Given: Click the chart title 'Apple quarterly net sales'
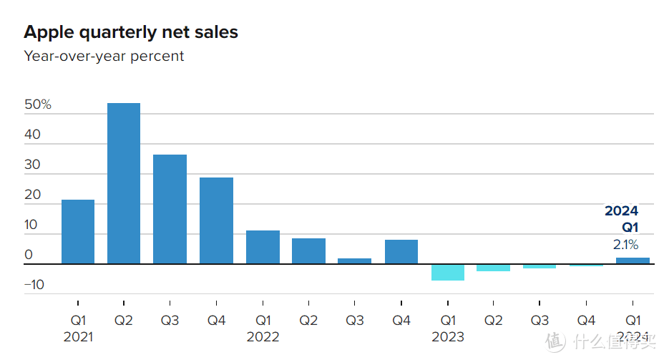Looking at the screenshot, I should [x=131, y=32].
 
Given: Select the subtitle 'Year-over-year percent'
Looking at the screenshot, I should [x=104, y=56].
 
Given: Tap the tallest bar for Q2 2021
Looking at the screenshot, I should [x=124, y=183].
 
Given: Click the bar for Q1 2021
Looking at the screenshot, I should [x=78, y=231].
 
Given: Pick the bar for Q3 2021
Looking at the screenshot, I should [x=170, y=209].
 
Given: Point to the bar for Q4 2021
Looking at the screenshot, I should [x=216, y=220].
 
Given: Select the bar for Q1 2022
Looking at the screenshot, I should [x=263, y=247].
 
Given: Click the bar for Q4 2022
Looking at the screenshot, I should [x=401, y=251].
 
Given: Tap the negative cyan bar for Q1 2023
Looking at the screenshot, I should [x=448, y=272].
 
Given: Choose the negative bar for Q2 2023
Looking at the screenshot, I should [x=494, y=268].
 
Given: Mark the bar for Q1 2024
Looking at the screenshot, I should [x=633, y=261].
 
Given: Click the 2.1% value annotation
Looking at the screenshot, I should [x=625, y=245].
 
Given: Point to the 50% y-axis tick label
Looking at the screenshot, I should [x=38, y=104].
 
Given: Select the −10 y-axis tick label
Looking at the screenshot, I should [x=34, y=285].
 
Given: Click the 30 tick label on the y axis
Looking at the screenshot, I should [x=32, y=165].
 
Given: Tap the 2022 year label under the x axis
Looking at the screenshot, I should [x=263, y=336].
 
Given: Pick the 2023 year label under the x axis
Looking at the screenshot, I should [x=448, y=336].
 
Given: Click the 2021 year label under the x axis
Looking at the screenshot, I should [x=78, y=336].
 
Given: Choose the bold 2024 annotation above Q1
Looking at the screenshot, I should [x=621, y=211].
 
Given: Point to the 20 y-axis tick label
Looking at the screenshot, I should [x=32, y=195].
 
